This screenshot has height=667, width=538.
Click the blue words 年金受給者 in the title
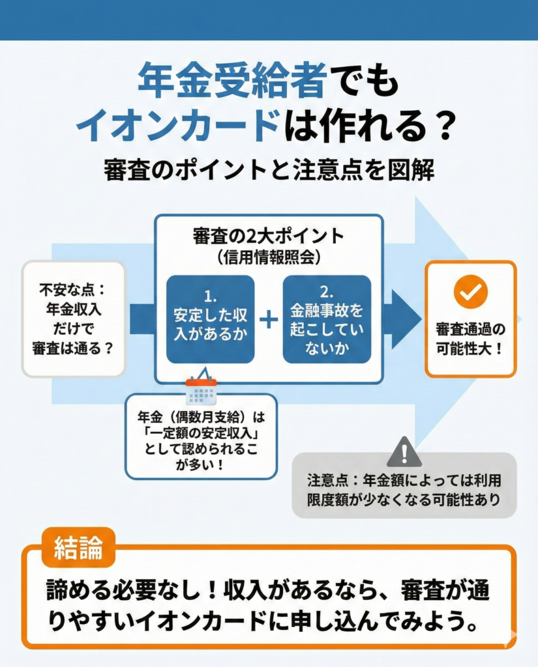(x=232, y=81)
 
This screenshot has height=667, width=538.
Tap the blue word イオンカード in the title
(x=177, y=126)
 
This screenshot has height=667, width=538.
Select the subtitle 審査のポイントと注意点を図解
(x=269, y=171)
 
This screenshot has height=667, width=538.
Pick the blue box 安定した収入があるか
(x=210, y=319)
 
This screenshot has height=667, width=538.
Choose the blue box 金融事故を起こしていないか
(x=327, y=319)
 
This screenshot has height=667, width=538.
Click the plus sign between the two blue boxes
(x=268, y=319)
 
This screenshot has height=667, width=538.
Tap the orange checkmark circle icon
(x=470, y=292)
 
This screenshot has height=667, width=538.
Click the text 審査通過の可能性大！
(x=470, y=339)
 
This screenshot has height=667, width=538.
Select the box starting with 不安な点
(x=73, y=319)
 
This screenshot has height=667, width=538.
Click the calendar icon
(x=200, y=391)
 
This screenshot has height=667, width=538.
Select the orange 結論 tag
(x=78, y=548)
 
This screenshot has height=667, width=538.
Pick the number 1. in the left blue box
(x=210, y=296)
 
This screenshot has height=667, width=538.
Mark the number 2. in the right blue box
(x=327, y=291)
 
